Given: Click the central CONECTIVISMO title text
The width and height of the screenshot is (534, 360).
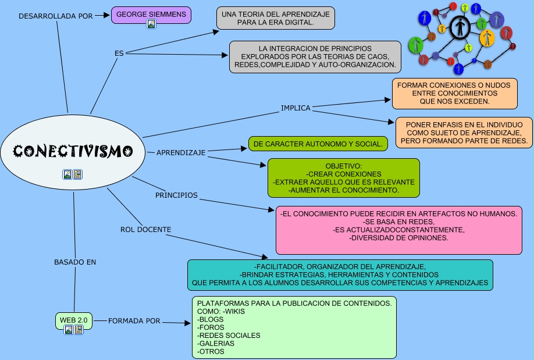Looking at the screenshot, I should tap(73, 151).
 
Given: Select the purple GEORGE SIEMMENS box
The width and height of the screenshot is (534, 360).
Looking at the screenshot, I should tap(151, 13).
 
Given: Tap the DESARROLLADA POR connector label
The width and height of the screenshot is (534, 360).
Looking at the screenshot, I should tap(55, 16).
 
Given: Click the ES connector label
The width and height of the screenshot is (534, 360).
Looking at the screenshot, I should tap(119, 53).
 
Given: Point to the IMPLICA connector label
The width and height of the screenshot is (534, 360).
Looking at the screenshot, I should tap(296, 108).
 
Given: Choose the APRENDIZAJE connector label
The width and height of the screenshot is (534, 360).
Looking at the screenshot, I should tap(181, 152).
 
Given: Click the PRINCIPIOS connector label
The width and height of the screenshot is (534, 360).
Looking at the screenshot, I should tap(176, 195).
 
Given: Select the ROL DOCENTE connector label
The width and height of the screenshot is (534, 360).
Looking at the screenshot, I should tap(145, 229).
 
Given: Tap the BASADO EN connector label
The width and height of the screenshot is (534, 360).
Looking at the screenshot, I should tap(75, 262).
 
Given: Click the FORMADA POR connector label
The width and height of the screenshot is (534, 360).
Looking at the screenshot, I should tap(134, 320).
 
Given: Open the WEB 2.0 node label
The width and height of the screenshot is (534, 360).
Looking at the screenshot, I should tap(74, 320).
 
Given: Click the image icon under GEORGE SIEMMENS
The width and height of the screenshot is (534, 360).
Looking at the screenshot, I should tap(151, 24).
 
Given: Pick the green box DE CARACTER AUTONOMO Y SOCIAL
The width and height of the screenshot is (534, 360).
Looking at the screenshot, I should tap(318, 143).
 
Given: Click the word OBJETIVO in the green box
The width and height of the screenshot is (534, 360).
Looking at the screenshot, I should tap(343, 166).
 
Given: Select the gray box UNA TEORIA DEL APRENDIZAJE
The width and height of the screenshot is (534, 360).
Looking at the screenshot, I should tap(275, 18).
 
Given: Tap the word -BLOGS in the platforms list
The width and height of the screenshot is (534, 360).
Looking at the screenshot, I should tap(211, 319).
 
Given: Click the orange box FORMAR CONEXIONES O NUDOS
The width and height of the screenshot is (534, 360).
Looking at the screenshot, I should tap(454, 93).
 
